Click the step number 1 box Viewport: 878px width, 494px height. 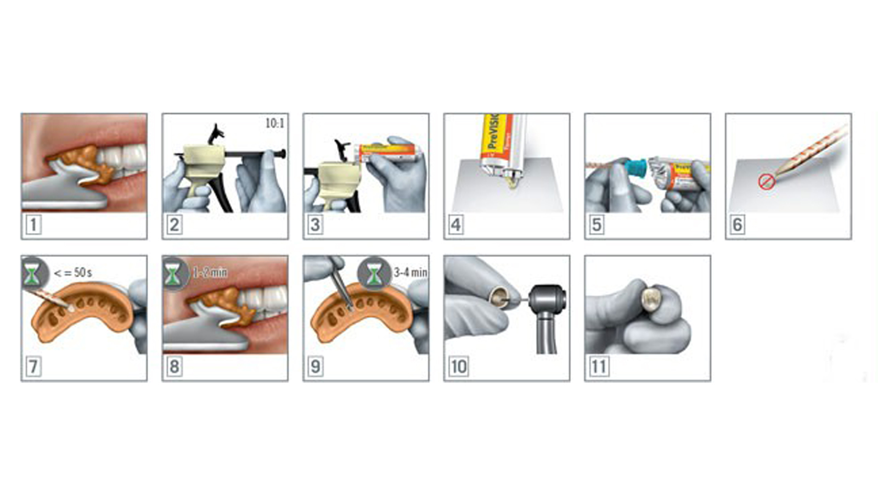pos(33,224)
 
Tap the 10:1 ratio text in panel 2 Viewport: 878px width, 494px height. pos(274,123)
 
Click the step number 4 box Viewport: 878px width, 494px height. pos(456,224)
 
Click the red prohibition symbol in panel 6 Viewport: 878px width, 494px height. pos(766,182)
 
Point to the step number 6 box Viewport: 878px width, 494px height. pos(738,224)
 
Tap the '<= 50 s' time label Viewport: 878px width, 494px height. pos(73,273)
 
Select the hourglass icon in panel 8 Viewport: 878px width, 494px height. pos(174,273)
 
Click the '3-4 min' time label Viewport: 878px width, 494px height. pos(410,272)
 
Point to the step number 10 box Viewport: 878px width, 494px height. pos(458,366)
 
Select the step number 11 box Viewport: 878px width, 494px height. pos(599,366)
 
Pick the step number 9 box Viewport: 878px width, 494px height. pos(315,366)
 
